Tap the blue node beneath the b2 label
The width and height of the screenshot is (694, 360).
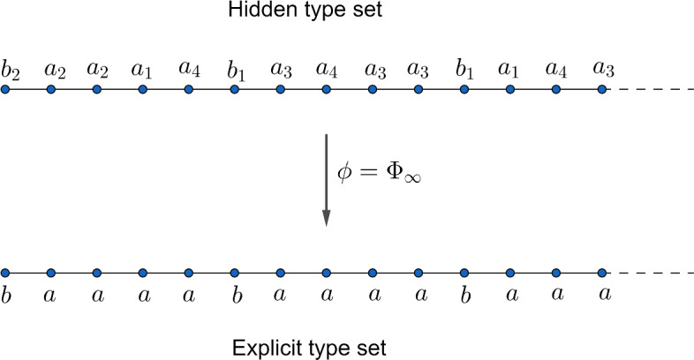click(5, 90)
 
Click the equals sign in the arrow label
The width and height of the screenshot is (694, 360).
click(371, 174)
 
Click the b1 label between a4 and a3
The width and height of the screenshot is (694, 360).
click(235, 70)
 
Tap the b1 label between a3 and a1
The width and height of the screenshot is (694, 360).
click(464, 70)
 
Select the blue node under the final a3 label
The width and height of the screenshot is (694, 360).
click(602, 90)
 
